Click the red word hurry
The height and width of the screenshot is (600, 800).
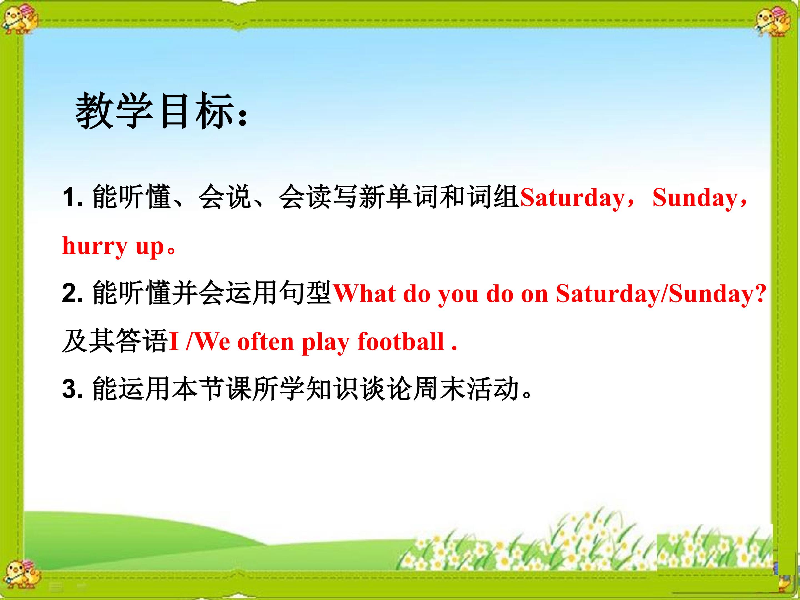coord(95,246)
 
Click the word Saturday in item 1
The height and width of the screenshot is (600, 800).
coord(572,198)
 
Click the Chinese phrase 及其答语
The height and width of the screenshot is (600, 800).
coord(115,341)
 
